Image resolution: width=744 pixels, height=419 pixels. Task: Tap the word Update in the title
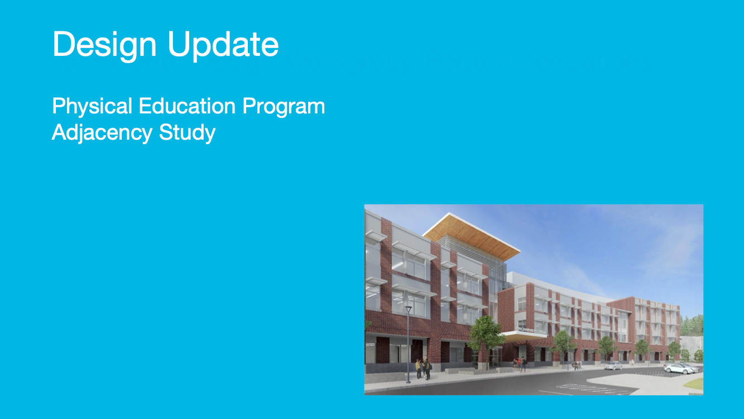pos(223,44)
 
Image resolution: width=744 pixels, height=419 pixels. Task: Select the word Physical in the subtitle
pos(92,107)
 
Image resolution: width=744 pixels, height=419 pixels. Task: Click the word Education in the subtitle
pos(187,106)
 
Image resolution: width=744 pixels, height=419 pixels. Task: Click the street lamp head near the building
pos(408,309)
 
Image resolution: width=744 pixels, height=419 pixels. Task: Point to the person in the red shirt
pos(516,363)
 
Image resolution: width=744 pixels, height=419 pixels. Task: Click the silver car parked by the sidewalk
pos(613,366)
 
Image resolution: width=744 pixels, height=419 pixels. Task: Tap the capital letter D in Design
pos(65,44)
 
